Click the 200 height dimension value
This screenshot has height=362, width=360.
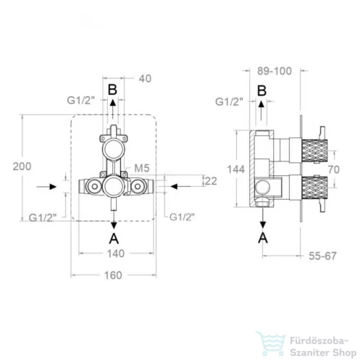click(x=22, y=167)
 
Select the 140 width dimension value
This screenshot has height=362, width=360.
click(x=116, y=253)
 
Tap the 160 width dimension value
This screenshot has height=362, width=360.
click(x=113, y=275)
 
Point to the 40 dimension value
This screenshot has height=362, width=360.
click(x=145, y=79)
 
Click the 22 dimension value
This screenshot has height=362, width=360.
click(x=211, y=181)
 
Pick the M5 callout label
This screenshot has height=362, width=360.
click(x=142, y=168)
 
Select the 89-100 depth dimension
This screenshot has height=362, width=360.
click(x=275, y=71)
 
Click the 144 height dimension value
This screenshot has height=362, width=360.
click(x=236, y=169)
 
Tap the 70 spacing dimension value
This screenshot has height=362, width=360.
click(x=334, y=169)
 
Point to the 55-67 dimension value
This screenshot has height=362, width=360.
click(x=322, y=256)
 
